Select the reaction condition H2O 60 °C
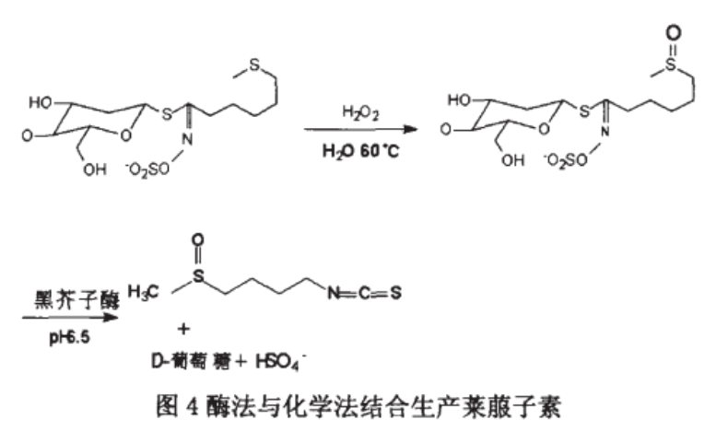pyautogui.click(x=355, y=149)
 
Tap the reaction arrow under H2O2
pyautogui.click(x=355, y=131)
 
